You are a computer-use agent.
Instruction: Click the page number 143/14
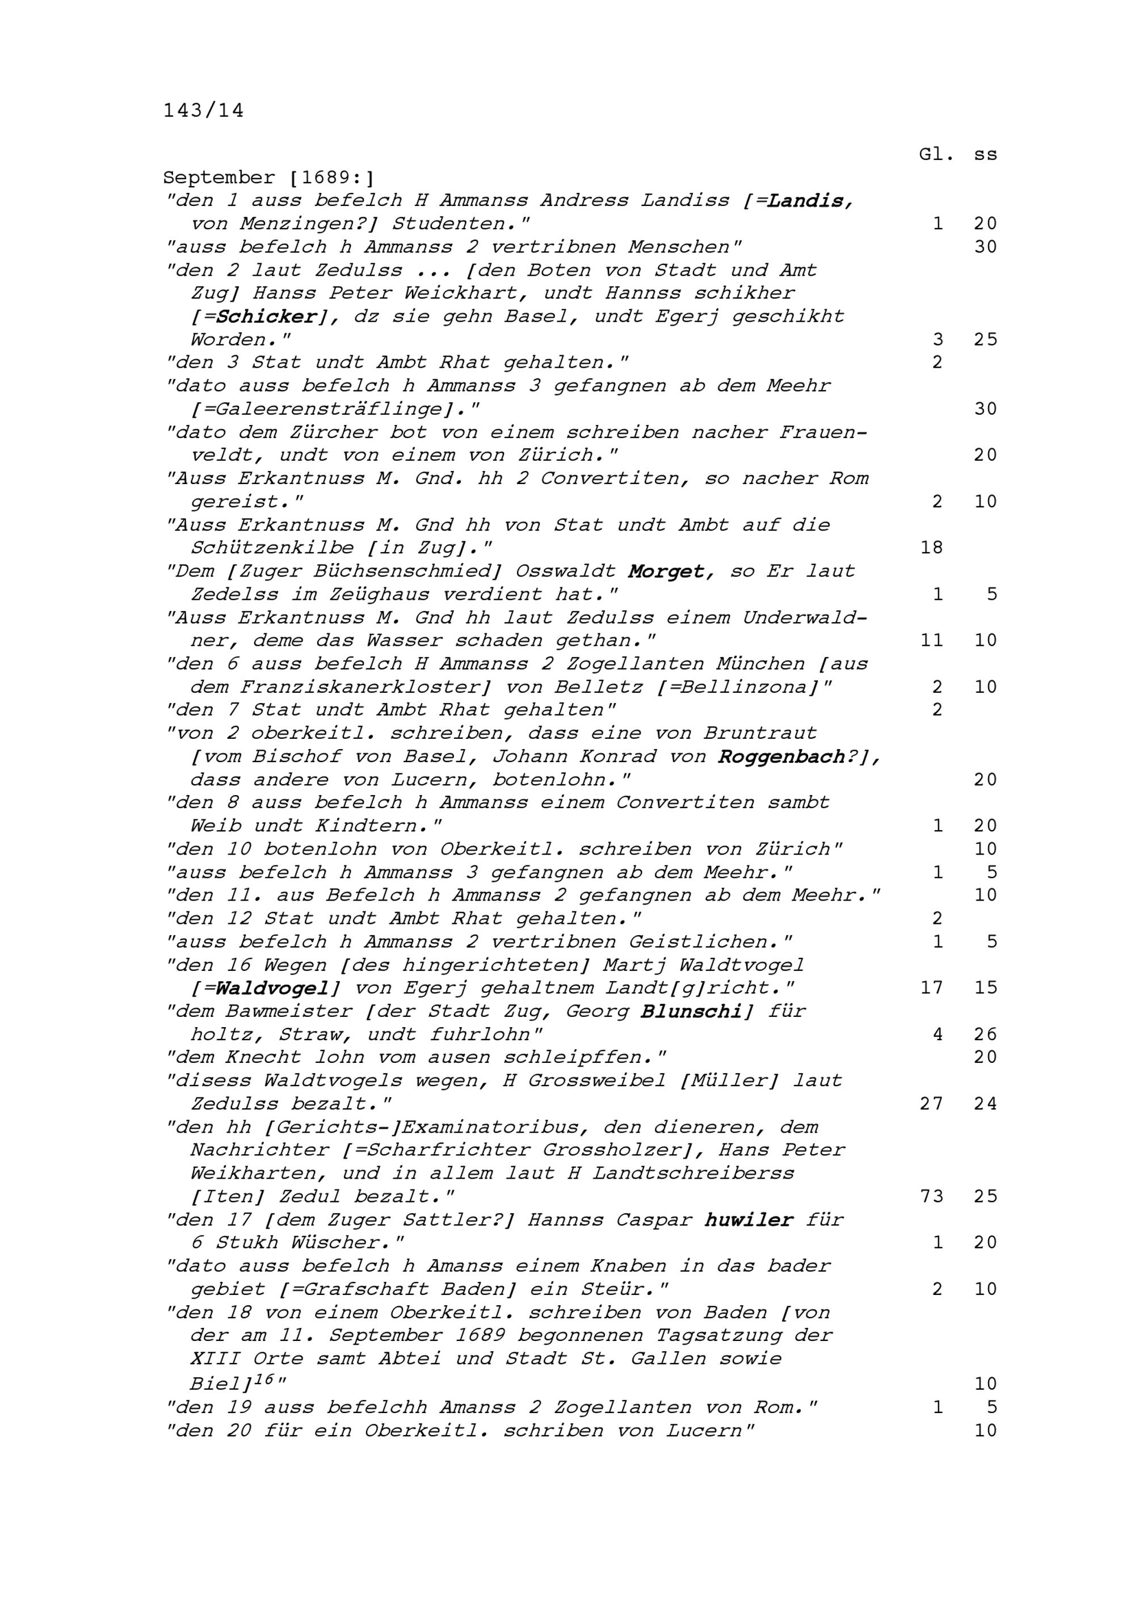(204, 111)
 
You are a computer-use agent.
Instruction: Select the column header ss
(985, 154)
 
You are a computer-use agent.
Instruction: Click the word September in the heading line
(219, 178)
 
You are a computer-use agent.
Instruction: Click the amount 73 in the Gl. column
(931, 1196)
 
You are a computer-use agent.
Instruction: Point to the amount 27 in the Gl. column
(931, 1104)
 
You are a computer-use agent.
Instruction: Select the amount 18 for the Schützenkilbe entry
(931, 548)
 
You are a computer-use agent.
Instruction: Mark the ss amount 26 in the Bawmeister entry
(985, 1034)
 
